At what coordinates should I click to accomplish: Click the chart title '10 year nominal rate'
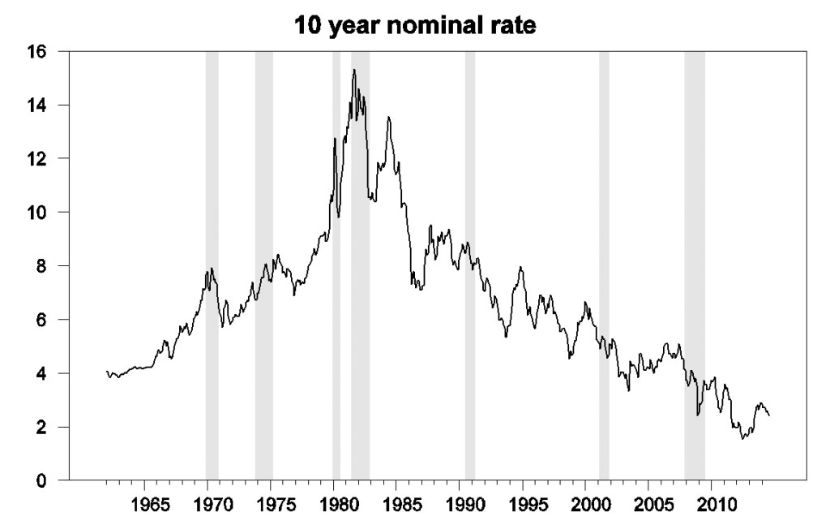pyautogui.click(x=414, y=25)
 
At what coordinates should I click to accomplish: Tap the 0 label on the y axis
pyautogui.click(x=52, y=480)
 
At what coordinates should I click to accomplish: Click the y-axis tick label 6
pyautogui.click(x=52, y=320)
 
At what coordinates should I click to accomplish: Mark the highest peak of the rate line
pyautogui.click(x=354, y=70)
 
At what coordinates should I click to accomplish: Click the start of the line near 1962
pyautogui.click(x=107, y=372)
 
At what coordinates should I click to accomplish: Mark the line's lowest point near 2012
pyautogui.click(x=742, y=439)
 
